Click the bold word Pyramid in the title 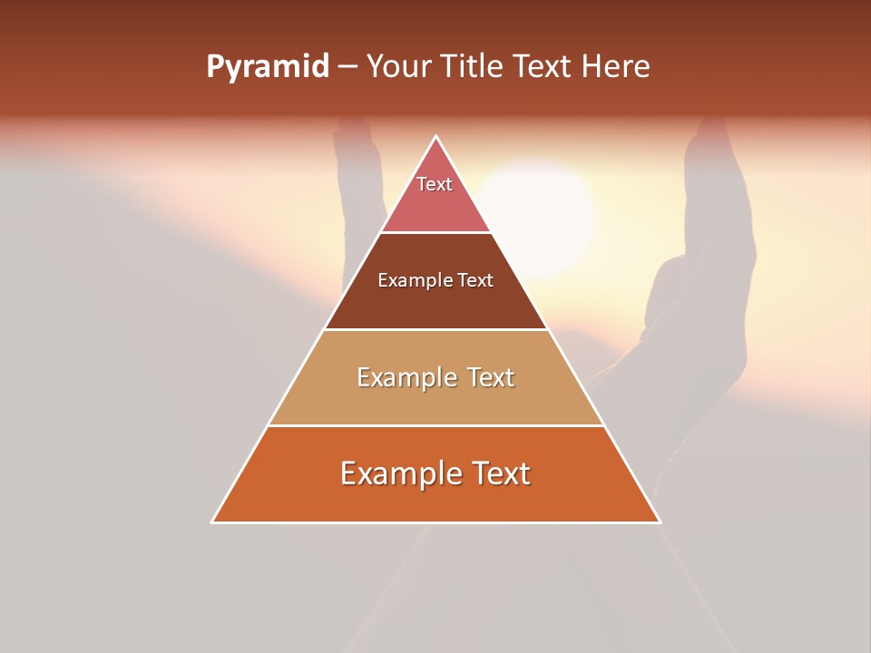click(x=268, y=67)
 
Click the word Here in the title click(x=616, y=67)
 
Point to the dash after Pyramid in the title click(x=347, y=67)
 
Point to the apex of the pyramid click(x=436, y=138)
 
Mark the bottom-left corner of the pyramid click(x=213, y=521)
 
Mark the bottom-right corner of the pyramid click(x=659, y=521)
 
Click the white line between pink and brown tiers click(x=435, y=233)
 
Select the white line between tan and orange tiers click(x=435, y=425)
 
